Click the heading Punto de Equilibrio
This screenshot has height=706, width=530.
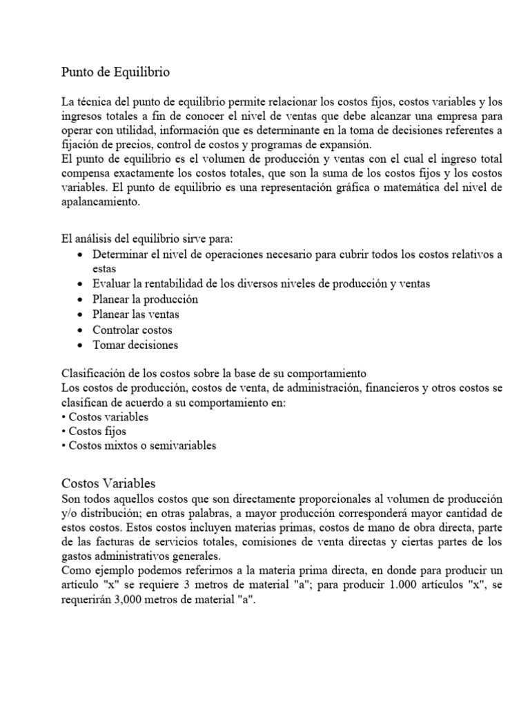coord(116,72)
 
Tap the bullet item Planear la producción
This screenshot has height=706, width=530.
coord(145,299)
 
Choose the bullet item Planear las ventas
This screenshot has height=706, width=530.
coord(136,314)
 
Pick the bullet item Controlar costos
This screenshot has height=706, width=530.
coord(132,330)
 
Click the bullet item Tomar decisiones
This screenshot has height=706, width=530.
coord(135,345)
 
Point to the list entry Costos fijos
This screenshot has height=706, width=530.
coord(97,431)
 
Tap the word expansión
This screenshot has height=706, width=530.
coord(345,144)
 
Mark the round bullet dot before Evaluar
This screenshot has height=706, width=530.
coord(81,285)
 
